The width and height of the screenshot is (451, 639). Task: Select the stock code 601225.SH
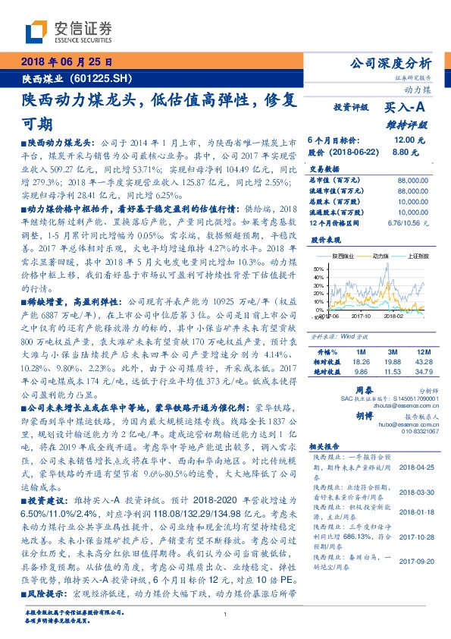pyautogui.click(x=105, y=78)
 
